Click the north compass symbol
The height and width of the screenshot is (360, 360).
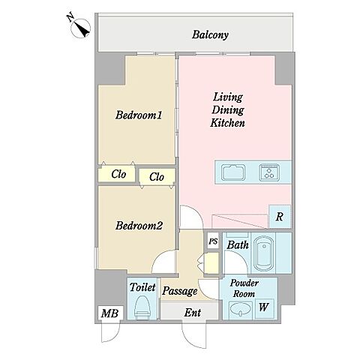pyautogui.click(x=81, y=28)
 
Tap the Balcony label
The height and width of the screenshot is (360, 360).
pyautogui.click(x=210, y=34)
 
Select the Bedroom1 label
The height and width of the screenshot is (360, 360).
pyautogui.click(x=139, y=115)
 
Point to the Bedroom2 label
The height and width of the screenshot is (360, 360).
pyautogui.click(x=139, y=226)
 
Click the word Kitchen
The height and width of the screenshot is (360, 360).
pyautogui.click(x=227, y=123)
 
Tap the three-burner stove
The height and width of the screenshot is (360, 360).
pyautogui.click(x=269, y=172)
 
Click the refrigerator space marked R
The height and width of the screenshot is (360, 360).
pyautogui.click(x=280, y=217)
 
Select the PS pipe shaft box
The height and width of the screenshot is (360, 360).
pyautogui.click(x=213, y=241)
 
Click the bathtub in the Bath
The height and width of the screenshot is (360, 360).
pyautogui.click(x=263, y=253)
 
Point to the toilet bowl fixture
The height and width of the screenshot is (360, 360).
pyautogui.click(x=142, y=307)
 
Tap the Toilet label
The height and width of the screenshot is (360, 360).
pyautogui.click(x=142, y=287)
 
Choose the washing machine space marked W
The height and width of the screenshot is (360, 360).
pyautogui.click(x=264, y=307)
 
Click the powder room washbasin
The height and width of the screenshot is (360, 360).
pyautogui.click(x=241, y=310)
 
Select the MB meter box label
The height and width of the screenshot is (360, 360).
pyautogui.click(x=109, y=313)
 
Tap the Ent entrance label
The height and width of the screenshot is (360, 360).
pyautogui.click(x=193, y=313)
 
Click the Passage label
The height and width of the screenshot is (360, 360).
pyautogui.click(x=180, y=291)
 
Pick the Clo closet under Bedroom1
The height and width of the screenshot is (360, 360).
pyautogui.click(x=117, y=174)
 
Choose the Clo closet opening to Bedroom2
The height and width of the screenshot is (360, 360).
pyautogui.click(x=157, y=177)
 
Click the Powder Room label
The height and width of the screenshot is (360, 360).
pyautogui.click(x=244, y=289)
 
